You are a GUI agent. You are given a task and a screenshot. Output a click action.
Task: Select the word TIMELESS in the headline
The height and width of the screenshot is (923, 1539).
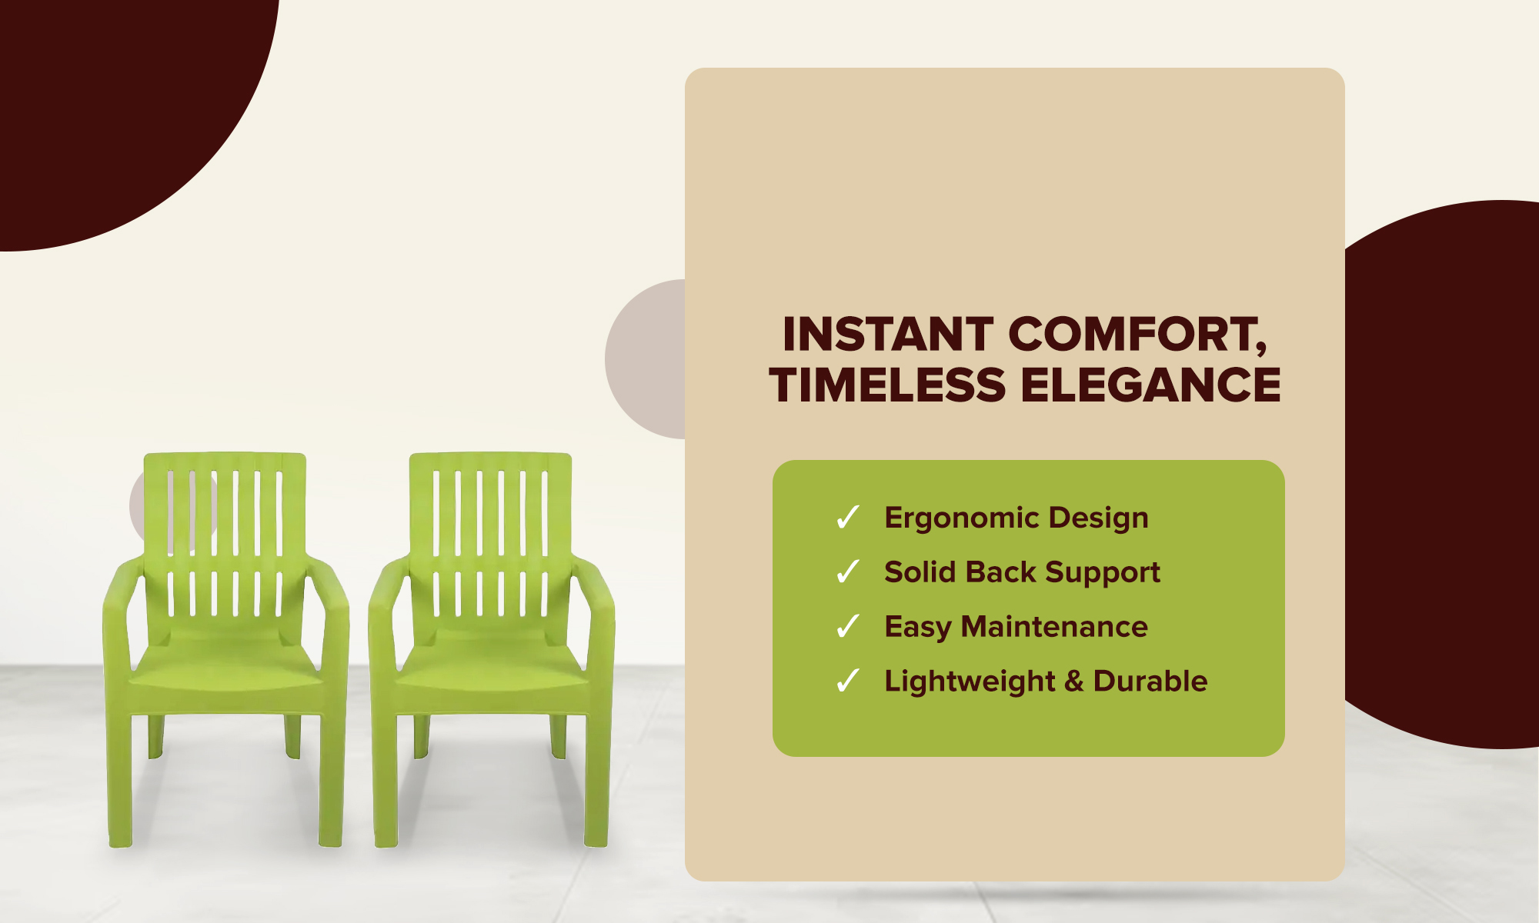click(x=887, y=385)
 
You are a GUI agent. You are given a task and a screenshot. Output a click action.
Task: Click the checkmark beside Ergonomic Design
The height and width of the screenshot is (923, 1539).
click(x=847, y=518)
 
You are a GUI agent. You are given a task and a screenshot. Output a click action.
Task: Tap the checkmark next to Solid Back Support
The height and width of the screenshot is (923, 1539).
click(x=847, y=572)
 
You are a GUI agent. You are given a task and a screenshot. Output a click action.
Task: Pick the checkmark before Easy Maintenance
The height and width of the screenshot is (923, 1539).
click(x=847, y=627)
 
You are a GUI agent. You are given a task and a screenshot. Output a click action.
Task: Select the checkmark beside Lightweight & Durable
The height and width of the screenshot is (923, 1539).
click(x=847, y=681)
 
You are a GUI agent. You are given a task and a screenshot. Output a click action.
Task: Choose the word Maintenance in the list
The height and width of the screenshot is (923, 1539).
click(x=1054, y=627)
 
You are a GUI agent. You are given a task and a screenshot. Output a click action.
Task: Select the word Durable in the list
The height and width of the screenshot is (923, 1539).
click(x=1150, y=681)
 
